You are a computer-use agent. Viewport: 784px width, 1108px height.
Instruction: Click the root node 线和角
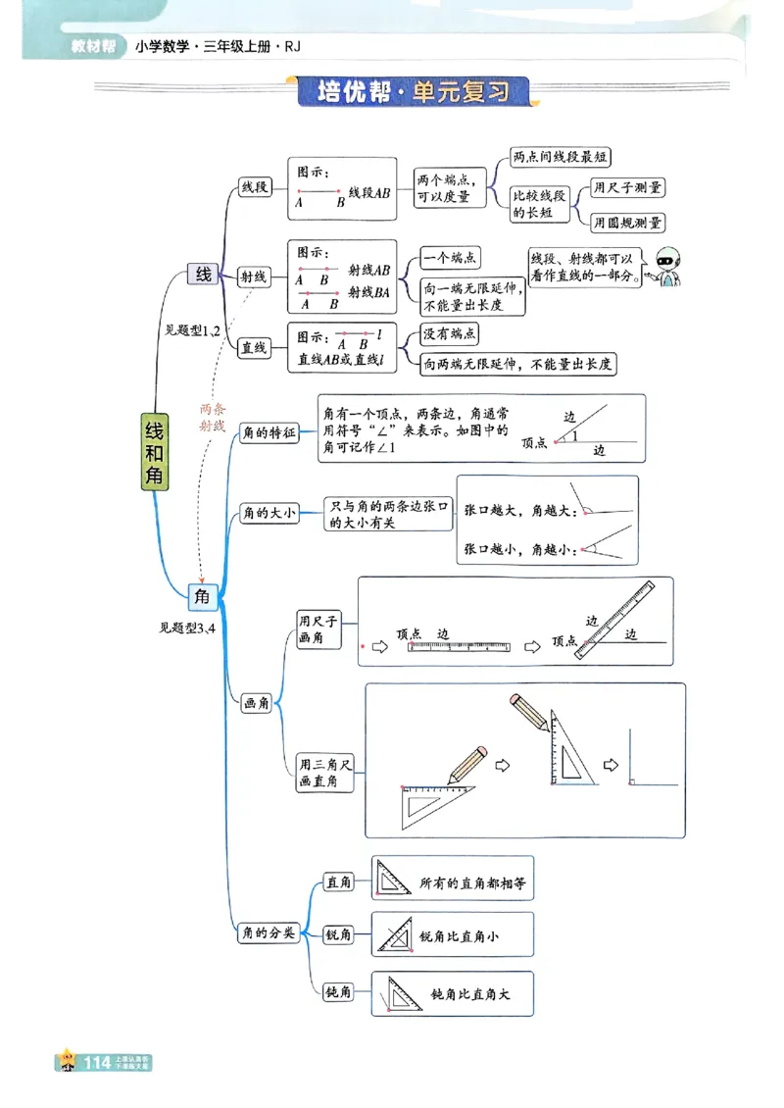[x=154, y=450]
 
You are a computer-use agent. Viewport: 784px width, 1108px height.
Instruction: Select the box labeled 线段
[x=255, y=187]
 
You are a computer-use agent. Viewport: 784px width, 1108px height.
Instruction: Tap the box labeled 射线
[x=254, y=277]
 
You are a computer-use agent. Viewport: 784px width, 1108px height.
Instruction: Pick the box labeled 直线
[x=255, y=347]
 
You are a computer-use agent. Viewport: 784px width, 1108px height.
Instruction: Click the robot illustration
[x=669, y=266]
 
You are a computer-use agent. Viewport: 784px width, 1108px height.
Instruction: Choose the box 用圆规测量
[x=627, y=223]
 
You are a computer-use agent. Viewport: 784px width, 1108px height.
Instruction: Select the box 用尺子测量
[x=627, y=187]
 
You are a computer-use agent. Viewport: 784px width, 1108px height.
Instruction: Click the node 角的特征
[x=269, y=432]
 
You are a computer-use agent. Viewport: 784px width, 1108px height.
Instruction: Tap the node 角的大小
[x=269, y=512]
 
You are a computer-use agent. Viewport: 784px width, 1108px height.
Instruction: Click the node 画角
[x=257, y=703]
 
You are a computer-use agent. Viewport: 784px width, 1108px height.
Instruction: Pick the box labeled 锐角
[x=338, y=935]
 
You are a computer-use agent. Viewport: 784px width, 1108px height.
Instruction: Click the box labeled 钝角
[x=338, y=992]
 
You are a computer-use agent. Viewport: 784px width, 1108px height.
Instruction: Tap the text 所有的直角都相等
[x=472, y=882]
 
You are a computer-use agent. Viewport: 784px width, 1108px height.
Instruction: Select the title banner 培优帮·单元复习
[x=415, y=92]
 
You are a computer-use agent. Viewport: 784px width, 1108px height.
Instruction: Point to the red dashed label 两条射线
[x=212, y=418]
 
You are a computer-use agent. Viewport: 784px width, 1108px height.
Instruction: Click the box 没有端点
[x=450, y=334]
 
